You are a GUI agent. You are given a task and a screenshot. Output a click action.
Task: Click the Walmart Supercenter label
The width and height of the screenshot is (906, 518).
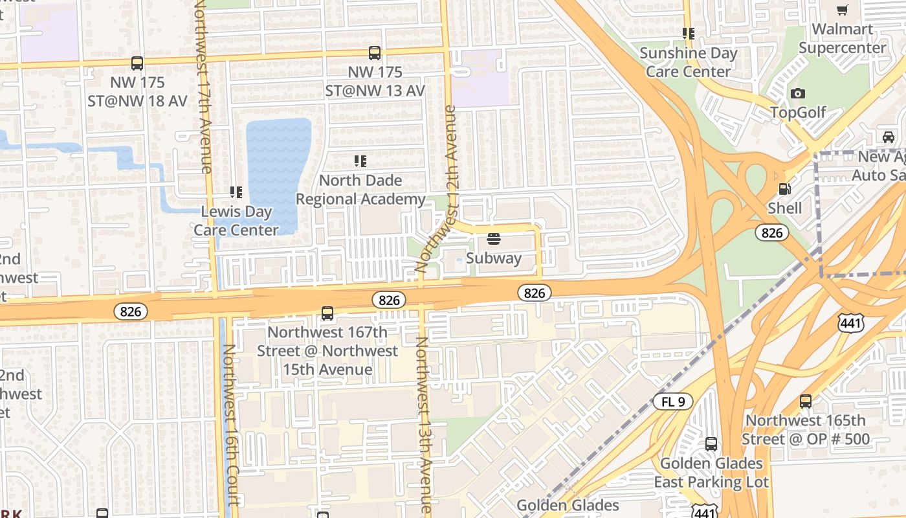pos(843,39)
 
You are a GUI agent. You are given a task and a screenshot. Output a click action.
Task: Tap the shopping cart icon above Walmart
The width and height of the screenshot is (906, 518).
pos(842,10)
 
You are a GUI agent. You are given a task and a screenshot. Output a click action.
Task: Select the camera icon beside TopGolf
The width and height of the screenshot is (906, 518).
pos(798,94)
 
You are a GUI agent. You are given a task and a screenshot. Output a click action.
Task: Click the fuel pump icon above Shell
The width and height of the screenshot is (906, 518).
pos(784,189)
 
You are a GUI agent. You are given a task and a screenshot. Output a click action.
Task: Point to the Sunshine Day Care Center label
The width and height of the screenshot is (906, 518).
pos(689,62)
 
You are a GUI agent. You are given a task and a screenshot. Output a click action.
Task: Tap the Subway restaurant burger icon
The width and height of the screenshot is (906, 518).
pos(494,240)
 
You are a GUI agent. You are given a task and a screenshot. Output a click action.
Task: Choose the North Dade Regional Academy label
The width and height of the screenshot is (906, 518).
pos(360,190)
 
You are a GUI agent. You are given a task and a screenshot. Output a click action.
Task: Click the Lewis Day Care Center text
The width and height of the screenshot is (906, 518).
pos(236,221)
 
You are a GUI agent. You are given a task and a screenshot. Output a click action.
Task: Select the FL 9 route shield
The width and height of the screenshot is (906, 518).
pos(673,401)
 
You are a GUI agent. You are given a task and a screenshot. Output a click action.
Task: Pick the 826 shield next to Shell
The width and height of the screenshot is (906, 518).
pos(772,233)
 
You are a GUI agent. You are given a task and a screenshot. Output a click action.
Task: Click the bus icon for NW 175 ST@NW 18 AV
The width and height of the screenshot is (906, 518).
pos(137,63)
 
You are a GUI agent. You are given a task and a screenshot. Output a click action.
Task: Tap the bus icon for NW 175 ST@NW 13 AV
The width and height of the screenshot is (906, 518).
pos(375,53)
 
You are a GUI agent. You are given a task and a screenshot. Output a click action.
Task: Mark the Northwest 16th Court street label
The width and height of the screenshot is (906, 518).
pos(231,424)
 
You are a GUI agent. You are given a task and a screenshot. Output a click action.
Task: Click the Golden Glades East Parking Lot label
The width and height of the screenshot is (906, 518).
pos(711,473)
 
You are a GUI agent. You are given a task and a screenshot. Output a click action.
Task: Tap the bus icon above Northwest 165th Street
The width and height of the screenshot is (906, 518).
pos(806,401)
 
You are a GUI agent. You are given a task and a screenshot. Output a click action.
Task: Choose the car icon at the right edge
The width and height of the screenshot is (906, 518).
pos(889,137)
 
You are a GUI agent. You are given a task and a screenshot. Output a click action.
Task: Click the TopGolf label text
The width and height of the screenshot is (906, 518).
pos(798,113)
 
